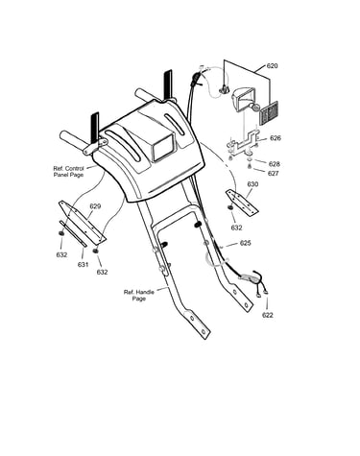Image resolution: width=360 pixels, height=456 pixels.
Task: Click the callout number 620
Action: coord(272,66)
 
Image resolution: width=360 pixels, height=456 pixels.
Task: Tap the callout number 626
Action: coord(276,138)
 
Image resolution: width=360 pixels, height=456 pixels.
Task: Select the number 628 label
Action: coord(275,164)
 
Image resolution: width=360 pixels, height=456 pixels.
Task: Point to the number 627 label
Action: coord(274,173)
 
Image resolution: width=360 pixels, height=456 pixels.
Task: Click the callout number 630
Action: coord(252,184)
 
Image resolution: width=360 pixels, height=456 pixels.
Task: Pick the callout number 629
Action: coord(95,206)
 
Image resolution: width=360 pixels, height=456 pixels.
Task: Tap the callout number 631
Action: coord(83,265)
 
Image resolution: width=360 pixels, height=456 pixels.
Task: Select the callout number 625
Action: coord(246,243)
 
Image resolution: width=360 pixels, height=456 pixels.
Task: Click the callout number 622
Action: coord(268,315)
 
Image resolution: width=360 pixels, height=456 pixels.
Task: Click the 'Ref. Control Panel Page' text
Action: coord(68,172)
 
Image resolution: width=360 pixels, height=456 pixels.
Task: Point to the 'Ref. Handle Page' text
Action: coord(139,296)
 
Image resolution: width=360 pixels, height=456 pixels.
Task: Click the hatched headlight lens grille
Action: coord(268,113)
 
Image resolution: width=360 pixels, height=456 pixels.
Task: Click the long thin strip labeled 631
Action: coord(73,233)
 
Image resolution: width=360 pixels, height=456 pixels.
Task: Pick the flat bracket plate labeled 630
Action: coord(242,202)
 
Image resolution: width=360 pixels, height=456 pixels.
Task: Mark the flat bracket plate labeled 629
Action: coord(83,222)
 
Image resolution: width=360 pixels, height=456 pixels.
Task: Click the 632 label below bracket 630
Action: coord(236,228)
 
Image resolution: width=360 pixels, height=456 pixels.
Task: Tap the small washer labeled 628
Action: coord(250,159)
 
